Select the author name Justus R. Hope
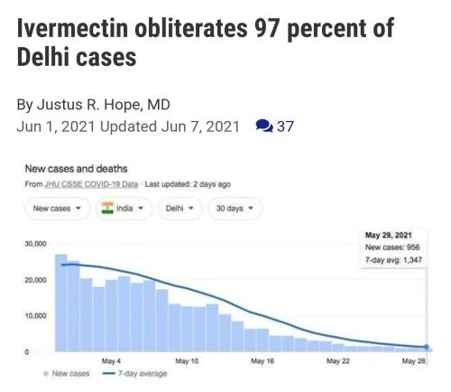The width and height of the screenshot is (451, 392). coord(114,104)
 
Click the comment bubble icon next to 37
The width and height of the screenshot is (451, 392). coord(263,126)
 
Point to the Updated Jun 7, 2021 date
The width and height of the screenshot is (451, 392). coord(170,126)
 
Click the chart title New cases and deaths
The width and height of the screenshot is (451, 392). coord(75,169)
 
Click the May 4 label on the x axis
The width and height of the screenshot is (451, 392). coord(112,360)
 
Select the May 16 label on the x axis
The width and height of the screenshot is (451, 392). coord(263,360)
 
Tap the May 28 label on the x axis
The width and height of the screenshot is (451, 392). coord(415,360)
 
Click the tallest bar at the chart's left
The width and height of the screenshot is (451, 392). coord(61,303)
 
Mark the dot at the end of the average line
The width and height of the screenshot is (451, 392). coord(426,347)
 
